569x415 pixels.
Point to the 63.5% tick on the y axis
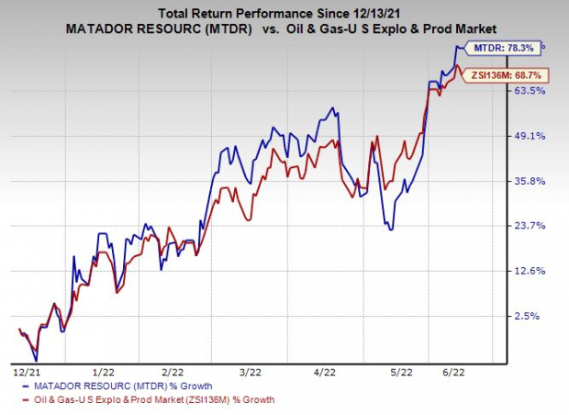[531, 91]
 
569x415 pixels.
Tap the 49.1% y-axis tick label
[531, 136]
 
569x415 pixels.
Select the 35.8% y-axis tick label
[531, 181]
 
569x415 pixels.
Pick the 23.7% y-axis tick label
[531, 226]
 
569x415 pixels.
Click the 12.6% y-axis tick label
[531, 271]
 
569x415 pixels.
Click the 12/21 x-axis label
[26, 372]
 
